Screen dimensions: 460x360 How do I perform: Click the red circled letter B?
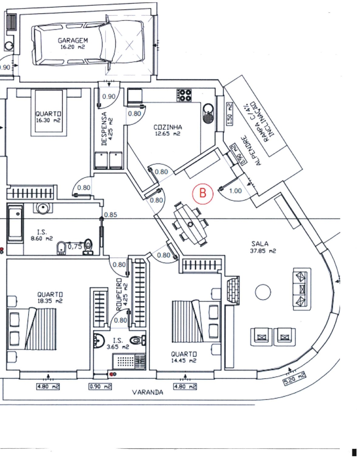tap(203, 193)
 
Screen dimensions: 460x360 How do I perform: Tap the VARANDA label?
tap(147, 392)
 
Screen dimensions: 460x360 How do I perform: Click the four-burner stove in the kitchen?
tap(184, 95)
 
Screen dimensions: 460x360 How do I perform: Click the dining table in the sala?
tap(190, 224)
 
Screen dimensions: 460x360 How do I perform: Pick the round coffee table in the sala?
tap(263, 292)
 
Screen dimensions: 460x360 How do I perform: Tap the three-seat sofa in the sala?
tap(301, 289)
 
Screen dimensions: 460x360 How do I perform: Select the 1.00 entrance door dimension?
tap(235, 191)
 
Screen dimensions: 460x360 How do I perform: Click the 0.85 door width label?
tap(110, 215)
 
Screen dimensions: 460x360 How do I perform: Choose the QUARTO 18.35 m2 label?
tap(50, 297)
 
